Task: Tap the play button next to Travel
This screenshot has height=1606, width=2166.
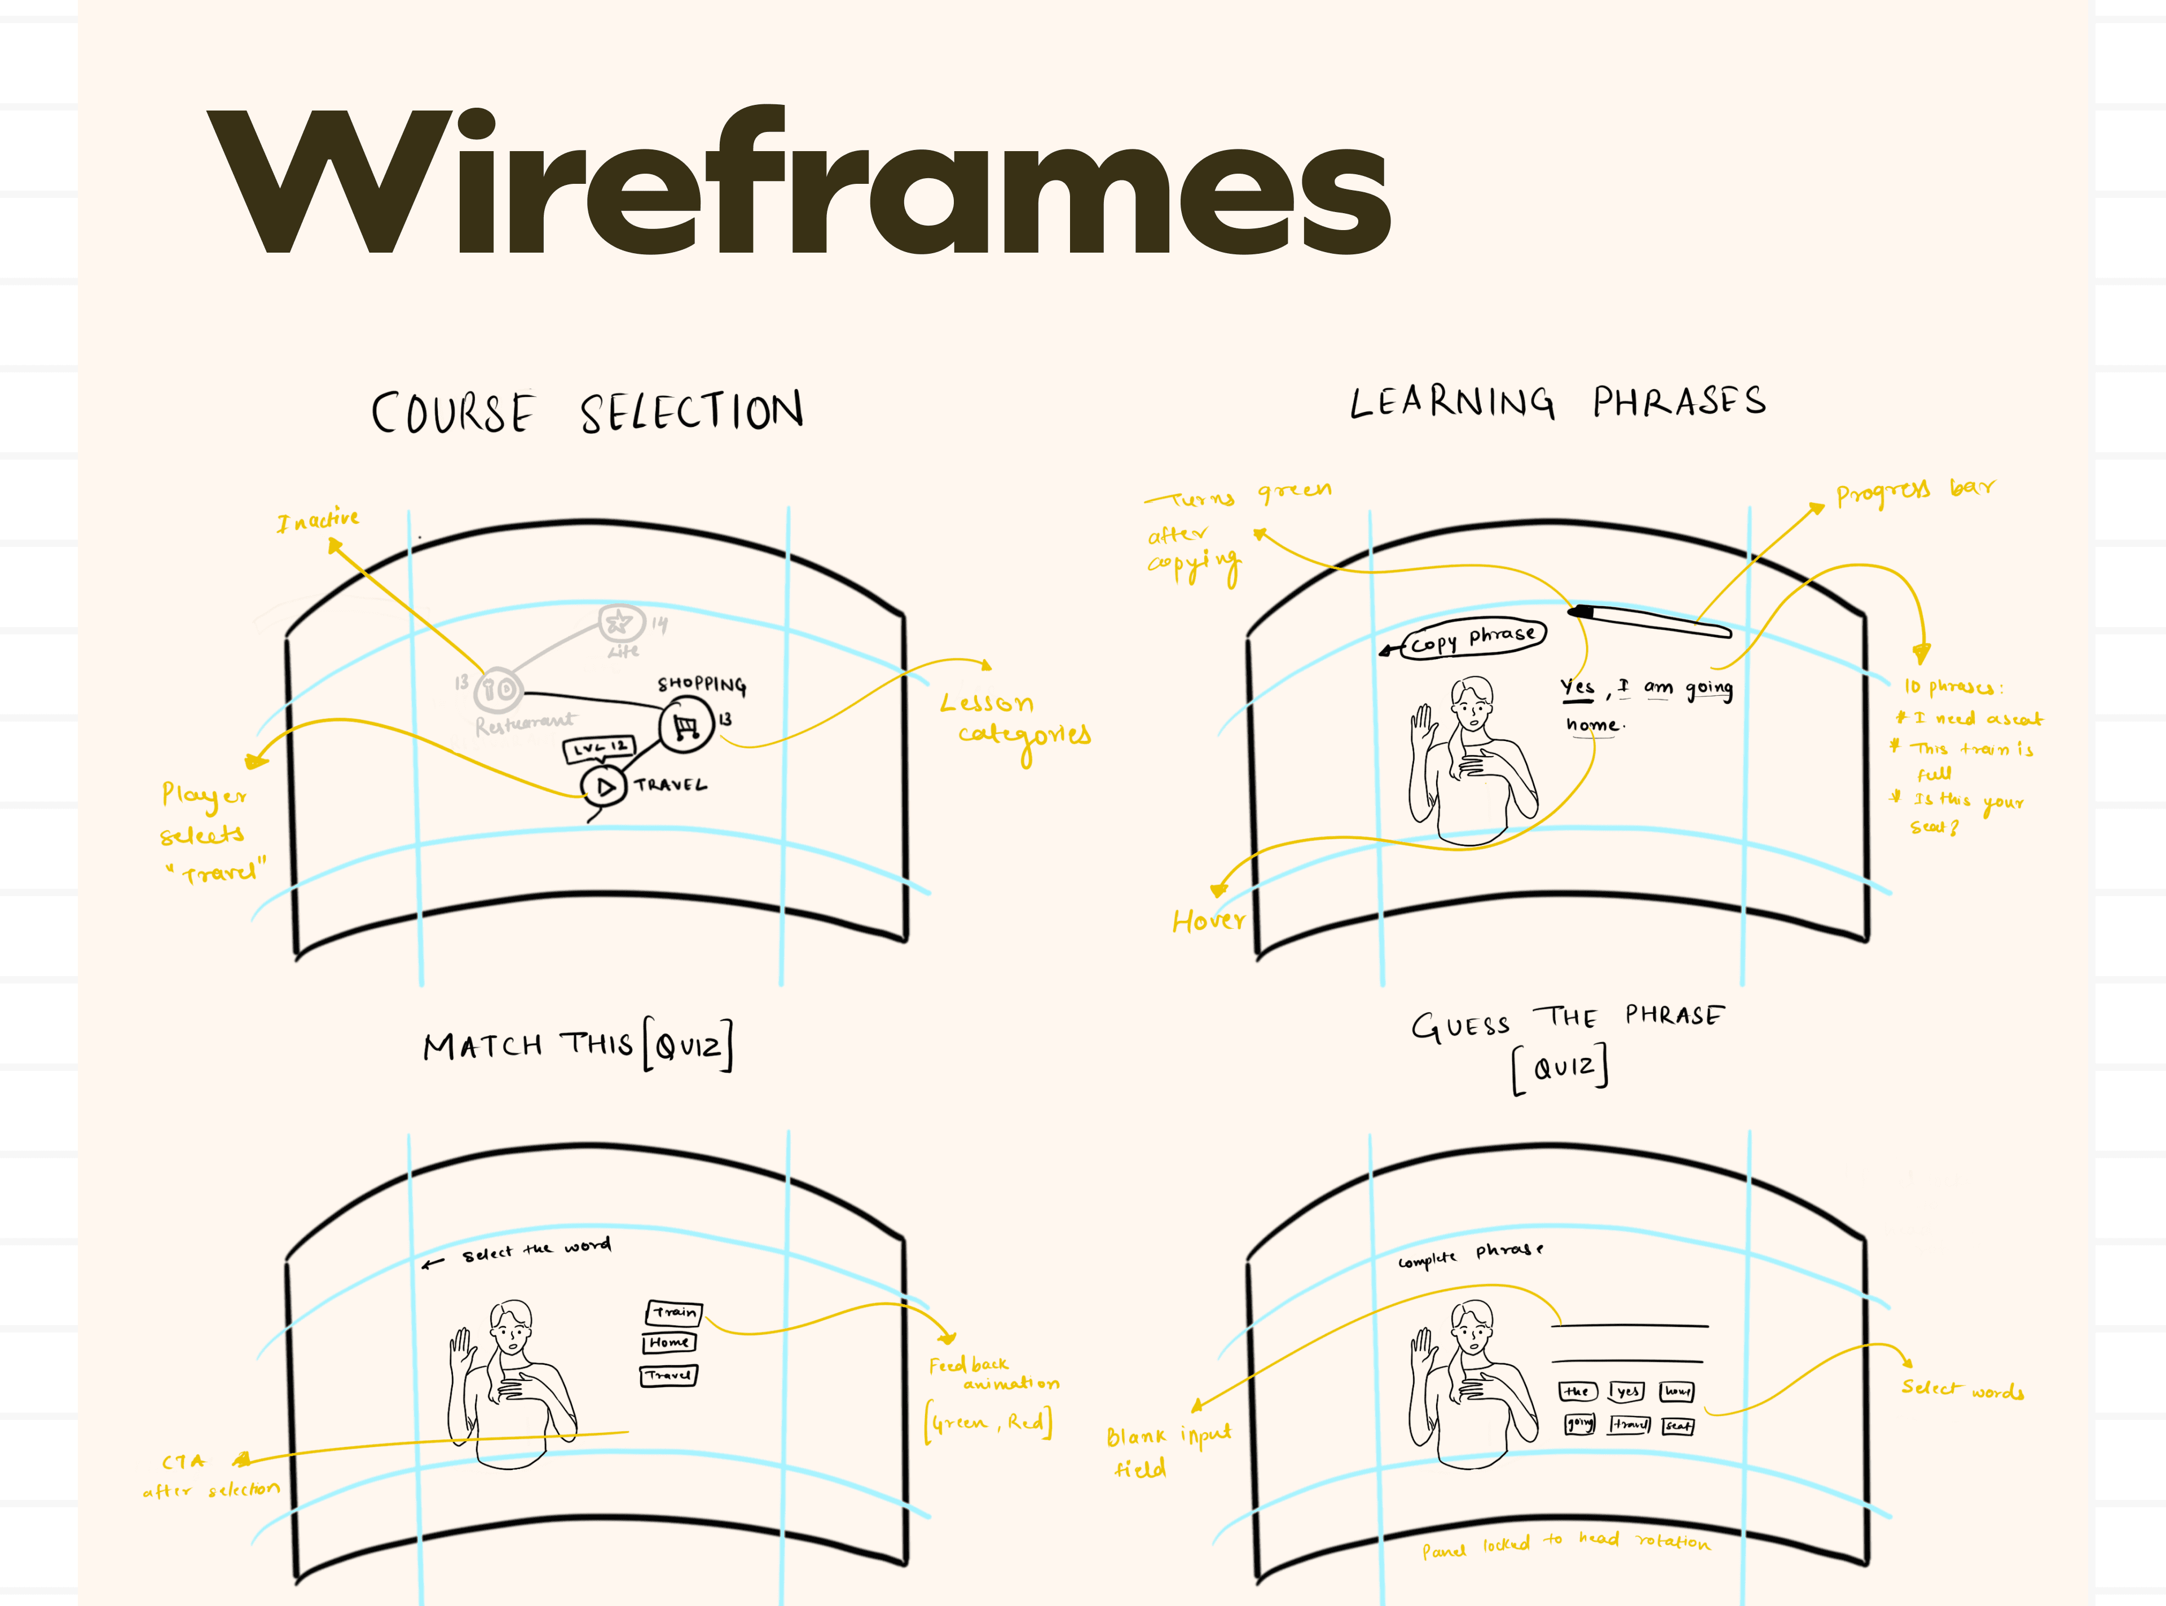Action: click(604, 787)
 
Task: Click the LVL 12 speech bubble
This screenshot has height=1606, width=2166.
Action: click(599, 748)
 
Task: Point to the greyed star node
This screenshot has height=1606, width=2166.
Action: click(619, 622)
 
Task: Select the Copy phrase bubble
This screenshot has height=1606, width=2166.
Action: click(1473, 638)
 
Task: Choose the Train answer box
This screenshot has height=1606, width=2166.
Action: click(673, 1312)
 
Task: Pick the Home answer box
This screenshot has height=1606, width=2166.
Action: click(669, 1343)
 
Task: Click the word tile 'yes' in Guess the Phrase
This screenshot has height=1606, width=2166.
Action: click(1626, 1391)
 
